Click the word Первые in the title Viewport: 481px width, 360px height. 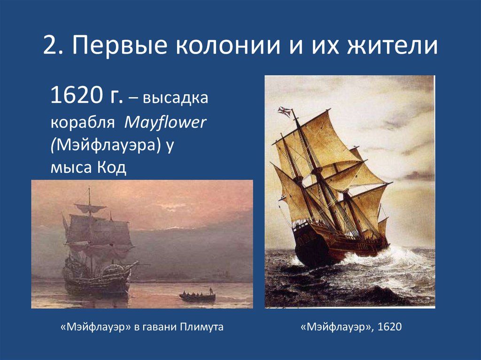tap(119, 47)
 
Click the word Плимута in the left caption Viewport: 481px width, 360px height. tap(202, 327)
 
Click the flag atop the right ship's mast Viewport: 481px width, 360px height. tap(284, 111)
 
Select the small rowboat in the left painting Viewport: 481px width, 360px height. tap(197, 297)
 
